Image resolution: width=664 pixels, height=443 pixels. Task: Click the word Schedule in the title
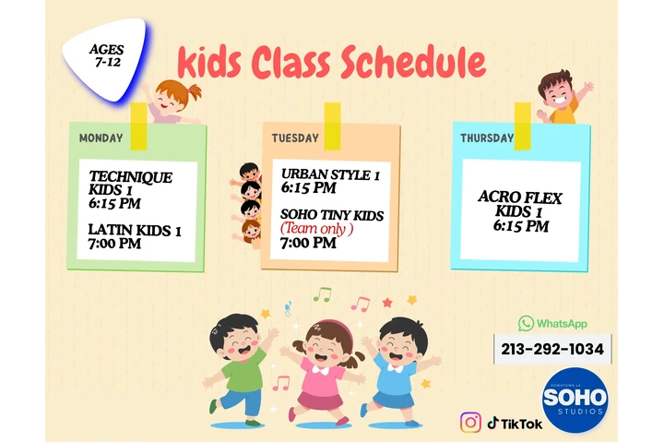point(412,63)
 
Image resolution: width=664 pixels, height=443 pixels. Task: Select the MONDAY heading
point(101,138)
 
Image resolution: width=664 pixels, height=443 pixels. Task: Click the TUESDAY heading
point(295,138)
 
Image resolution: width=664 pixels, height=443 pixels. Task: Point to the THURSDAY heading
point(487,138)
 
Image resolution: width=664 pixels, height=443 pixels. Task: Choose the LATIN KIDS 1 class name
point(135,230)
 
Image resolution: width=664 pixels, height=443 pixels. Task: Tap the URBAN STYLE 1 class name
point(330,174)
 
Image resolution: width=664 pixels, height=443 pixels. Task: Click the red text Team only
point(317,229)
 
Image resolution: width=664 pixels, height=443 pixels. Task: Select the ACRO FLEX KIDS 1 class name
point(520,204)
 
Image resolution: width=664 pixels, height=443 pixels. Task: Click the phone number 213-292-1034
point(552,350)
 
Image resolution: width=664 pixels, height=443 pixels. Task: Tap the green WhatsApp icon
point(526,323)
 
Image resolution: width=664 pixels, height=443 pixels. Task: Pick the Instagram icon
point(471,422)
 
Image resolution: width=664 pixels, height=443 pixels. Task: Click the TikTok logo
point(515,423)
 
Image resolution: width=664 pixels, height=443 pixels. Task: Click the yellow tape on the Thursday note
point(522,126)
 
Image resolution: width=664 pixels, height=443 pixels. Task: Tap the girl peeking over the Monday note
point(172,100)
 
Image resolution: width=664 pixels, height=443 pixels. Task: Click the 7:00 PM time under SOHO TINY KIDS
point(308,244)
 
